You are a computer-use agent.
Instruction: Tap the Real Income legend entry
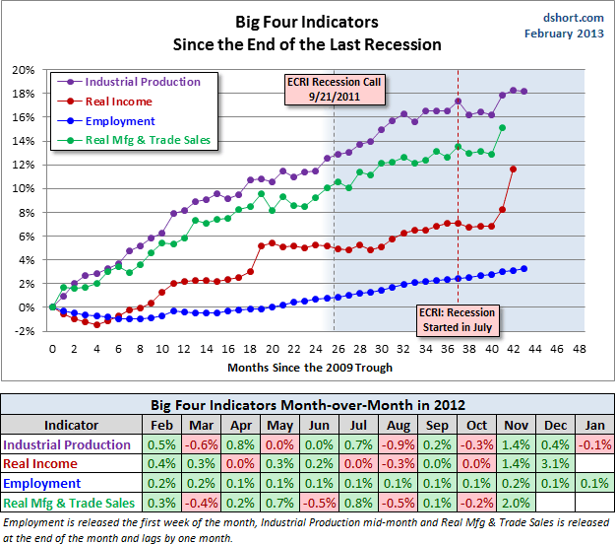[117, 102]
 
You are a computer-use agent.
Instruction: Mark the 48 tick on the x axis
[578, 348]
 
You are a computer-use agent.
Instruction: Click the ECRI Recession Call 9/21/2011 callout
[334, 89]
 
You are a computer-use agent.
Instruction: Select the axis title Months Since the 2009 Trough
[309, 367]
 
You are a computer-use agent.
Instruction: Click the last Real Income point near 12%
[513, 170]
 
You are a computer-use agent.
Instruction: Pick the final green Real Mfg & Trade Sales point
[502, 127]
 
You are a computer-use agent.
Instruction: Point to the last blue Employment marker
[524, 268]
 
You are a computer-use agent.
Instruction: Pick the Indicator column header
[72, 425]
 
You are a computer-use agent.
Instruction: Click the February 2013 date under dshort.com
[565, 34]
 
